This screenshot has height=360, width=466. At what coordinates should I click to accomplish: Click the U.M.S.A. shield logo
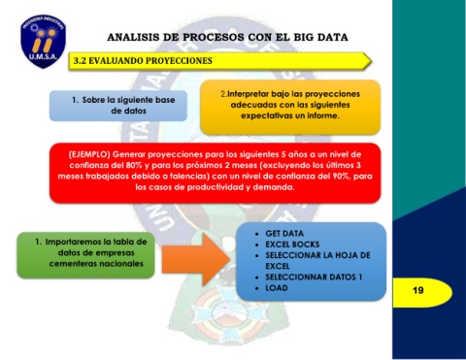(43, 41)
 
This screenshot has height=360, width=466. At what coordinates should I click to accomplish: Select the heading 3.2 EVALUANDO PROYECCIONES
(143, 61)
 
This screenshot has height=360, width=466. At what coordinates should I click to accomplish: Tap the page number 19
(418, 290)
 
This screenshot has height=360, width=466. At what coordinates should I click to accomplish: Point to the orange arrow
(196, 259)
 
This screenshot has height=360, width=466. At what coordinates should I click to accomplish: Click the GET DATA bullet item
(284, 234)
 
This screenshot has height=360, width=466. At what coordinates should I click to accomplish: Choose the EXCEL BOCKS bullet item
(292, 245)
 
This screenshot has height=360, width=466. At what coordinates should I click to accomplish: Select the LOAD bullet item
(277, 288)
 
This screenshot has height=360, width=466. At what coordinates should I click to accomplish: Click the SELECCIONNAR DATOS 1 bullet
(314, 277)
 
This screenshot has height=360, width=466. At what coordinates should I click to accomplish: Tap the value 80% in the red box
(134, 165)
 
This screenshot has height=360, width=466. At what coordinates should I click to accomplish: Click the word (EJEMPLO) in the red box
(89, 154)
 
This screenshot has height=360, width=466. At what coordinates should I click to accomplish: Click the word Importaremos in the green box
(73, 242)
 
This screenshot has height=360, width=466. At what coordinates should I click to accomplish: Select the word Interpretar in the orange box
(248, 94)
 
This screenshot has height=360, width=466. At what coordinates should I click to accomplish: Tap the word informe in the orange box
(323, 115)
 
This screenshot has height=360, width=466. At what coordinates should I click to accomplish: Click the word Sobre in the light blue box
(93, 100)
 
